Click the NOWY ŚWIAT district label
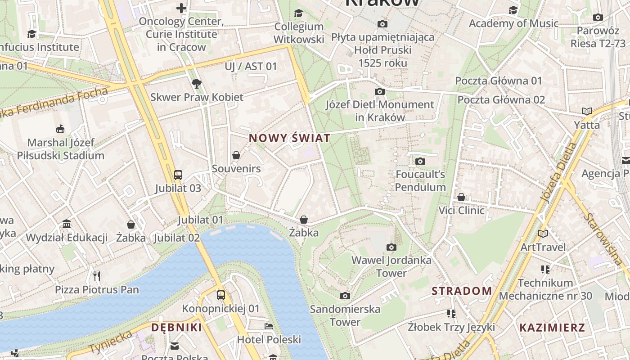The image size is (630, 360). click(x=289, y=138)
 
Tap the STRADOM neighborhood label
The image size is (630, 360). click(x=462, y=291)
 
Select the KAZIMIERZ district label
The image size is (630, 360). click(x=552, y=327)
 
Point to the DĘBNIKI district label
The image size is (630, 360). click(x=176, y=327)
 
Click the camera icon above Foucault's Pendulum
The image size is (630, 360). click(x=420, y=161)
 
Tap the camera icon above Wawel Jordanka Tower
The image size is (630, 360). click(x=391, y=247)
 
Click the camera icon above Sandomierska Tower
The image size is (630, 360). click(x=345, y=296)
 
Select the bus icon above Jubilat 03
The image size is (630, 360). click(x=178, y=175)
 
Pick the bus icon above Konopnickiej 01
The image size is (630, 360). click(x=220, y=295)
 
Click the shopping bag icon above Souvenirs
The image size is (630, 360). click(x=236, y=156)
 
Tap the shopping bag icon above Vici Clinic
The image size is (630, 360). click(x=461, y=197)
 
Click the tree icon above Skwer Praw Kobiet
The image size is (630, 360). click(x=196, y=83)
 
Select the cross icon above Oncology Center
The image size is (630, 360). click(x=181, y=8)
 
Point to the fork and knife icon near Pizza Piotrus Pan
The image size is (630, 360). click(x=97, y=276)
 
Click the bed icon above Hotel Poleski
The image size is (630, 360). click(x=269, y=326)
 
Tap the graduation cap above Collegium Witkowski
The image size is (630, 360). click(x=298, y=13)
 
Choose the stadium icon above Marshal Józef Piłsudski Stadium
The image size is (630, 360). click(x=60, y=129)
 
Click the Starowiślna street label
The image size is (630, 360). click(x=602, y=238)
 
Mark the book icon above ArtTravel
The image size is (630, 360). click(x=543, y=234)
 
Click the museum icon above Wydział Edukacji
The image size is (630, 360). click(x=67, y=224)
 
